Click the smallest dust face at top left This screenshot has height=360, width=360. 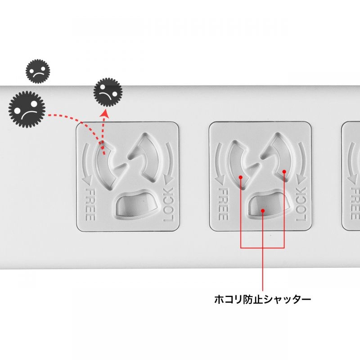(x=38, y=71)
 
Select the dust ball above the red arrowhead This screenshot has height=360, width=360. (x=108, y=91)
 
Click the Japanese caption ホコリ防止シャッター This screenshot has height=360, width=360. (x=262, y=299)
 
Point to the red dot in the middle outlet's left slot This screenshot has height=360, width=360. (x=241, y=177)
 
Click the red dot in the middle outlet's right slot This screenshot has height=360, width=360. (x=284, y=171)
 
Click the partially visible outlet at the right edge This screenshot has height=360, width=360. (x=351, y=175)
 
